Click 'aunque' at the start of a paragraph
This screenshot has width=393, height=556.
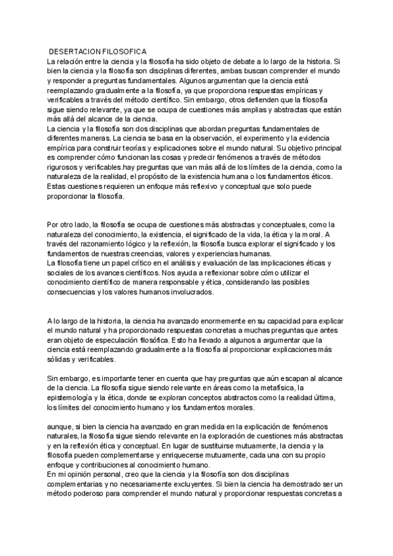pyautogui.click(x=60, y=426)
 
